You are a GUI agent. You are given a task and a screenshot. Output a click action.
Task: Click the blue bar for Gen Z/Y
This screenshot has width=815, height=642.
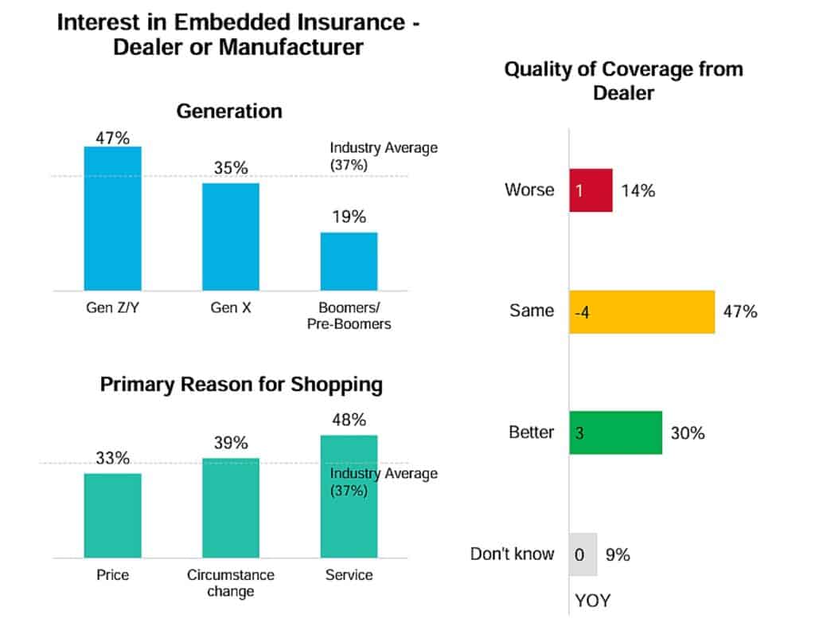point(112,218)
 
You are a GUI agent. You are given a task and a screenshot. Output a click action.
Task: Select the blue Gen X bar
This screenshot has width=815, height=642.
point(230,237)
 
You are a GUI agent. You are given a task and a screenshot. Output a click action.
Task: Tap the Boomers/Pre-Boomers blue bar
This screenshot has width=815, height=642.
point(349,261)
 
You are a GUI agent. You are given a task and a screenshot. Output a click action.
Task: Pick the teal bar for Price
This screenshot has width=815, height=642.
point(112,515)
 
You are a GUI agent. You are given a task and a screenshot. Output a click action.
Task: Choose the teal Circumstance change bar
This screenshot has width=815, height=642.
point(230,507)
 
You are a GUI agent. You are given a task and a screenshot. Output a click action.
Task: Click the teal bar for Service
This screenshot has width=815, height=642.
point(349,496)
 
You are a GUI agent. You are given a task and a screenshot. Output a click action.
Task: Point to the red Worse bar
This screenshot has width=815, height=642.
point(591,190)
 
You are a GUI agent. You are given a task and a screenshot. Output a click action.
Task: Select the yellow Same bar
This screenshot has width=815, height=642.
point(641,311)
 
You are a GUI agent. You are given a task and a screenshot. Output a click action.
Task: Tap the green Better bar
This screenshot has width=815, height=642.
point(615,433)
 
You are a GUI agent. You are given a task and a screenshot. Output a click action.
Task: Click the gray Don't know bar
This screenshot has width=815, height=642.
point(583,554)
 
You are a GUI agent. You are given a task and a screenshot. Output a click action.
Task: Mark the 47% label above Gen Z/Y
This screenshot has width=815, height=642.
point(112,137)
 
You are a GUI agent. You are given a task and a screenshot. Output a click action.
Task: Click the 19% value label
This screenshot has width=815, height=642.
point(349,217)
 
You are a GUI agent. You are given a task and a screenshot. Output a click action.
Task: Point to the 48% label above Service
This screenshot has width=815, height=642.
point(349,420)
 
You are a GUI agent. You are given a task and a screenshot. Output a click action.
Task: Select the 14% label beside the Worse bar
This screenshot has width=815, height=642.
point(638,190)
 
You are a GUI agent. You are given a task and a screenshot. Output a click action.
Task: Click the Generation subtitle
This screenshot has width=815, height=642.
point(229,111)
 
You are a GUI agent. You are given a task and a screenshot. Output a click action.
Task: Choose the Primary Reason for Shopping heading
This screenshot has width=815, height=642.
point(241,385)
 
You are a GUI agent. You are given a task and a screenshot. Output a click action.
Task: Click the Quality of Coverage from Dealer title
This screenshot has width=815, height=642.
point(623,80)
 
